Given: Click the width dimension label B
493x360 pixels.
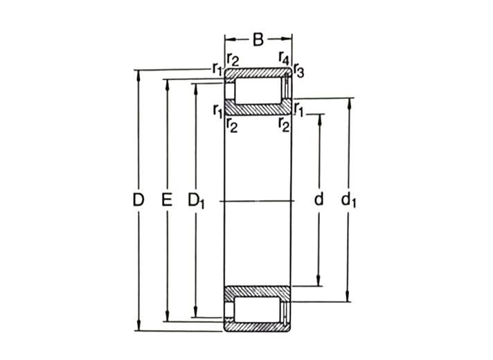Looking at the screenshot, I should point(258,39).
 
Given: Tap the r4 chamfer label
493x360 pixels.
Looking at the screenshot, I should point(283,58).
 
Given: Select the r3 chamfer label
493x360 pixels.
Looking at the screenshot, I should point(298,69).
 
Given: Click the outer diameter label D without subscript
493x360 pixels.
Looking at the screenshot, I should point(138,201).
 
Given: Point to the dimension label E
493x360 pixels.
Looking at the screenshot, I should point(166,201).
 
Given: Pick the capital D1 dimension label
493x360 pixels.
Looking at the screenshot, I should point(197,201).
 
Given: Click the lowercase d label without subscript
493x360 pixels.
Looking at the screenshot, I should point(319,201).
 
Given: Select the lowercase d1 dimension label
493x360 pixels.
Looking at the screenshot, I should point(349,201).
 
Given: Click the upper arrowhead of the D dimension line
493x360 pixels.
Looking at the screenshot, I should point(139,75).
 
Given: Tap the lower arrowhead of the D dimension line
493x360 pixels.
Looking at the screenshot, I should point(139,327).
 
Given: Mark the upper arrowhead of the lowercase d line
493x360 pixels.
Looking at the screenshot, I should point(319,117).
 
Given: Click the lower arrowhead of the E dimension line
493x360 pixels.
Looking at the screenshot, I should point(166,318).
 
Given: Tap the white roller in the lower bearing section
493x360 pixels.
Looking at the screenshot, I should point(258,309).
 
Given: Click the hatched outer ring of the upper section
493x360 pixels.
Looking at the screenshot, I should point(258,74).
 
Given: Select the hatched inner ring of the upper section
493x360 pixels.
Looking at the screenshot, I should point(258,109).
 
